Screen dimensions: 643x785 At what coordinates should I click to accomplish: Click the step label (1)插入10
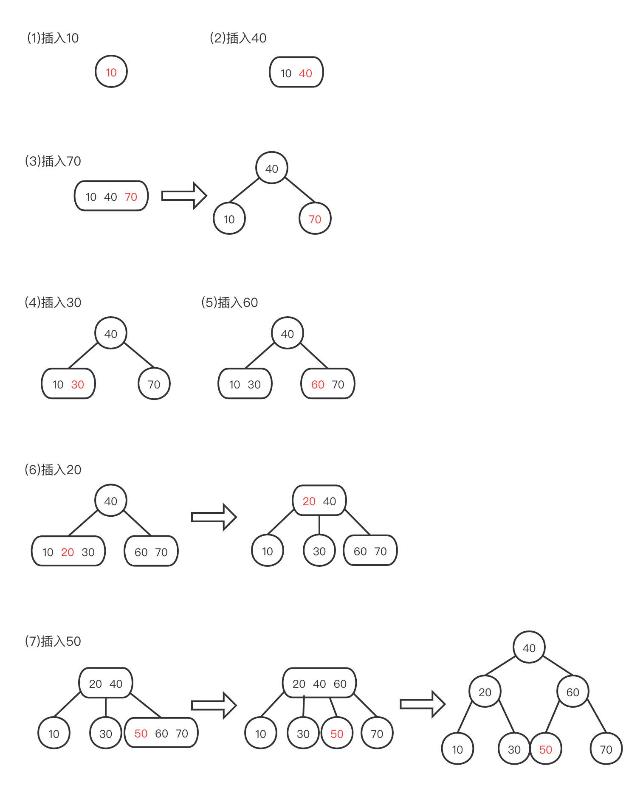53,38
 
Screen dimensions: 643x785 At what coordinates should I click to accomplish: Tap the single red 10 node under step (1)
111,72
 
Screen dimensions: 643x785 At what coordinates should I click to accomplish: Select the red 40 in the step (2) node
305,73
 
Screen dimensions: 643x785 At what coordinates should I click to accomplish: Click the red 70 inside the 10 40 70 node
131,197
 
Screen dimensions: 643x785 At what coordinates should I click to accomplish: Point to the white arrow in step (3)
184,196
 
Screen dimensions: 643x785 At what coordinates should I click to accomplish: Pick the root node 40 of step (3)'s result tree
272,169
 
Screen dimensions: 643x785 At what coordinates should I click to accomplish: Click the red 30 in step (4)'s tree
77,385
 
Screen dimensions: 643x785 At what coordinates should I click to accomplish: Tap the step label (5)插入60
229,303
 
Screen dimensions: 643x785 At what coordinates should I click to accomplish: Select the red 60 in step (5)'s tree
318,385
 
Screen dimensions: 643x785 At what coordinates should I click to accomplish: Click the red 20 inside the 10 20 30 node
68,552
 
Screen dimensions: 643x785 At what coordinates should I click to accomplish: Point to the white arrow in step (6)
214,517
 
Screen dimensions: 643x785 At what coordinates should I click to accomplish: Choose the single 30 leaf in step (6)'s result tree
319,551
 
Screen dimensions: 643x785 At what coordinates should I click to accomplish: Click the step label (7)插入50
53,641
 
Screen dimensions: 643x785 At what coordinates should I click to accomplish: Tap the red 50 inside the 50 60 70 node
141,734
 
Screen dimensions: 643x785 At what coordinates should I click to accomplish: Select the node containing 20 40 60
319,684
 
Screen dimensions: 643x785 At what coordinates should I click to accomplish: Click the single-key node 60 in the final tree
572,692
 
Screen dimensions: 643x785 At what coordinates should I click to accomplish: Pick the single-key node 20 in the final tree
485,692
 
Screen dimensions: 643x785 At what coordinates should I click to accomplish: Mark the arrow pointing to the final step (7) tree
422,704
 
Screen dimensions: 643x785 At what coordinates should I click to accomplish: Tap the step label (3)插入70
53,161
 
